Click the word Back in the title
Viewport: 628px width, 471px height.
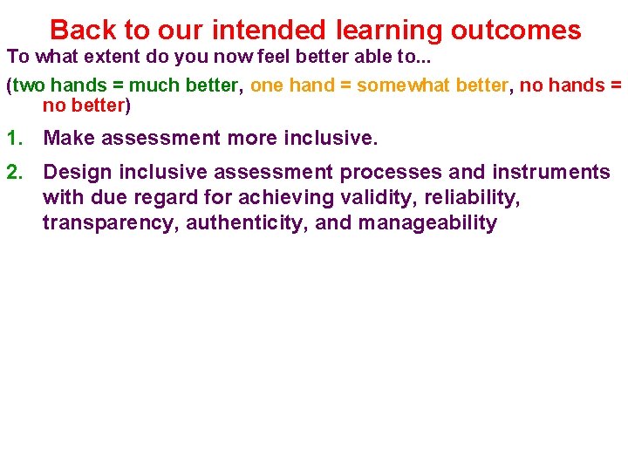pos(84,31)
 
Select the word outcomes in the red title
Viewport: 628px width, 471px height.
pos(515,31)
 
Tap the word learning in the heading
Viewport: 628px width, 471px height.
pos(390,31)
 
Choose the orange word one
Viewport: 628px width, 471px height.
pos(267,85)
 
